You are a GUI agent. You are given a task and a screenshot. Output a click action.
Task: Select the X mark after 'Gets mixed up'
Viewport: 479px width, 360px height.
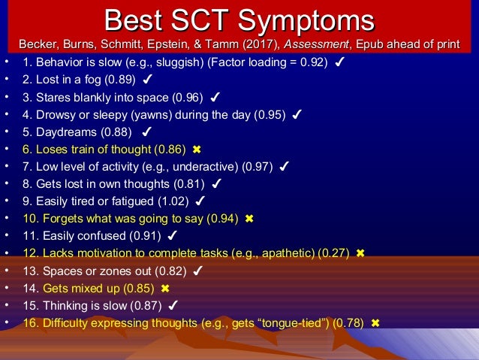[165, 289]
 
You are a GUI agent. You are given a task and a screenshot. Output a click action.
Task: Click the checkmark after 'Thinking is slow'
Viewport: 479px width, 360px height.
[173, 306]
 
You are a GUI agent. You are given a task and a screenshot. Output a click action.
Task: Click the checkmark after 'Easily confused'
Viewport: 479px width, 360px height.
[172, 236]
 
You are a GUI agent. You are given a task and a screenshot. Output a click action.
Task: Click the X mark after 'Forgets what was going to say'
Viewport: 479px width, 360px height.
[249, 219]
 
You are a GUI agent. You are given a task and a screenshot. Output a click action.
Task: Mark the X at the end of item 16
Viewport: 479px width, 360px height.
[375, 323]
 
